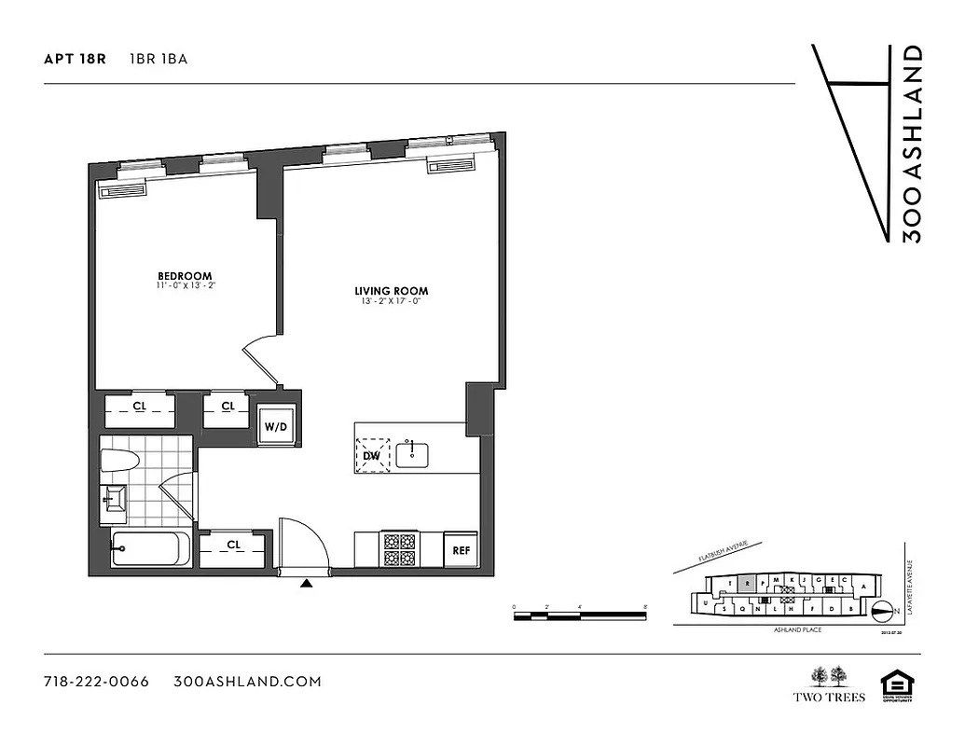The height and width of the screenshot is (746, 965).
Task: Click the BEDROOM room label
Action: point(185,276)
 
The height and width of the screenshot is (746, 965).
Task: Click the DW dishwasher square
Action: point(373,454)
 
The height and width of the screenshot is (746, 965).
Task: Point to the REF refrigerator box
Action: point(462,550)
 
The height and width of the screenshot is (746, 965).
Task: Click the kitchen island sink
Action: point(412,455)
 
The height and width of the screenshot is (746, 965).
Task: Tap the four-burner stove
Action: point(400,548)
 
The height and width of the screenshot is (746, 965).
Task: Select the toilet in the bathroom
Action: point(119,461)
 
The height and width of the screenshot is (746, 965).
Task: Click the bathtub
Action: point(149,550)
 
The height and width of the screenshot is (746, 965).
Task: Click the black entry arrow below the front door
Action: point(307,584)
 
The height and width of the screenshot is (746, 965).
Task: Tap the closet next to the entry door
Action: point(232,545)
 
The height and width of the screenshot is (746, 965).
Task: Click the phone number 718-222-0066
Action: point(96,682)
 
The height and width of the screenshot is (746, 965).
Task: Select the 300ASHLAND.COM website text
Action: point(247,682)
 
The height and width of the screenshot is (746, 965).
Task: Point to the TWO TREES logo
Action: point(829,684)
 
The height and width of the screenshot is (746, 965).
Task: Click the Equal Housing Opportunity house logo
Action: point(896,684)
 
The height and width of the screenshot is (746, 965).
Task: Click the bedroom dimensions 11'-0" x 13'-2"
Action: point(186,286)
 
